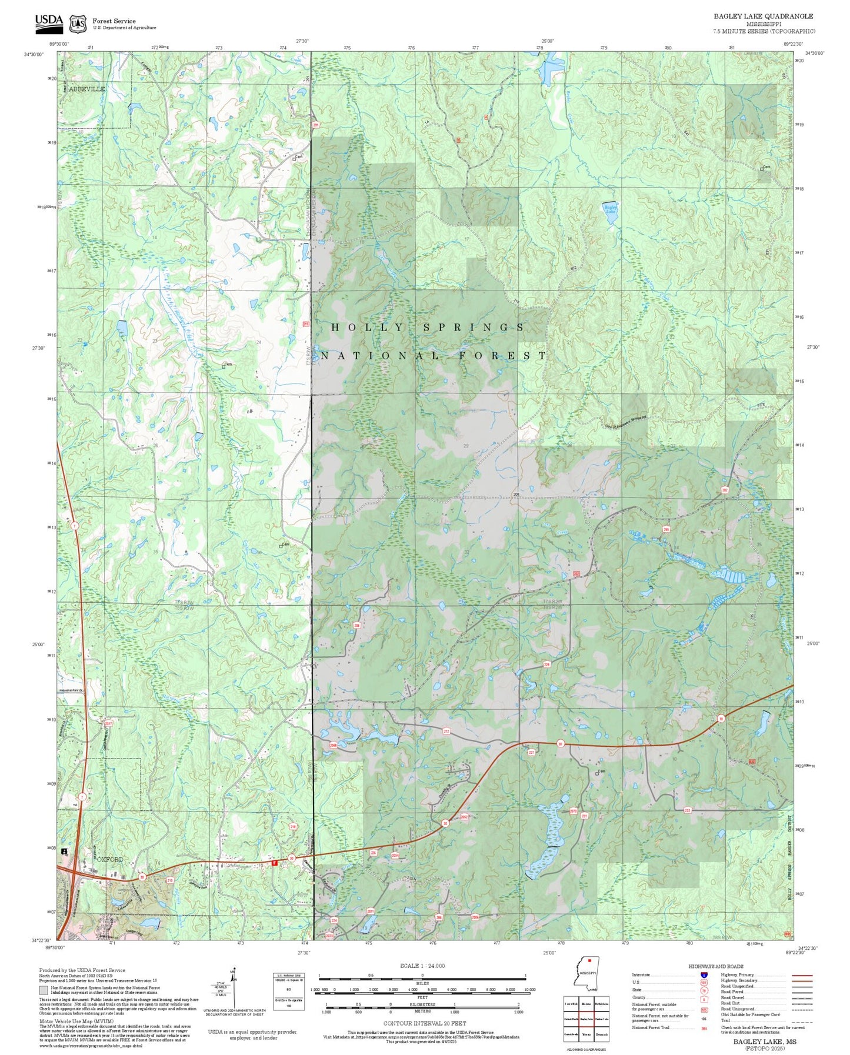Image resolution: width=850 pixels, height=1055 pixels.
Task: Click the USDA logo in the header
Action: pos(49,22)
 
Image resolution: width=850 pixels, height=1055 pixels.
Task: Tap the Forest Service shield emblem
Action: pos(77,24)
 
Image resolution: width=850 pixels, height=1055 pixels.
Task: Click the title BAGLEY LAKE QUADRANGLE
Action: pos(764,16)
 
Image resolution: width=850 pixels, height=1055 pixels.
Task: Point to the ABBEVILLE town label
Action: pos(86,89)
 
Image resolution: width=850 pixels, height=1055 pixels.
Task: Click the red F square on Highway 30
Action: pos(274,863)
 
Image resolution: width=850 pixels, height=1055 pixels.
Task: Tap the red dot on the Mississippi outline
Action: pos(589,963)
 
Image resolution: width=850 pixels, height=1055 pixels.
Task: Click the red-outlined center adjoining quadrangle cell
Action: pos(586,1019)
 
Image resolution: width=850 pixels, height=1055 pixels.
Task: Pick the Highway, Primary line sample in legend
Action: pos(801,975)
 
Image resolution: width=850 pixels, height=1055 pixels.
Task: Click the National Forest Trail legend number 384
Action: pos(704,1028)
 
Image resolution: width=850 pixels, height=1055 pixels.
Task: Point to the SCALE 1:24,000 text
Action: pos(422,966)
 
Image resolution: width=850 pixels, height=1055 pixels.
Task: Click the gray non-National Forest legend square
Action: pos(43,990)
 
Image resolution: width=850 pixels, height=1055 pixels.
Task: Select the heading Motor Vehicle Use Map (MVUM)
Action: pos(76,1021)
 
